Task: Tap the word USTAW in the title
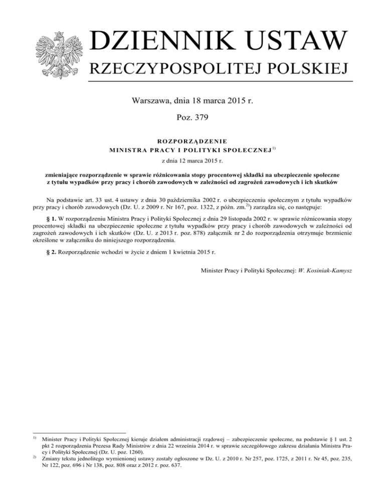(x=290, y=41)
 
